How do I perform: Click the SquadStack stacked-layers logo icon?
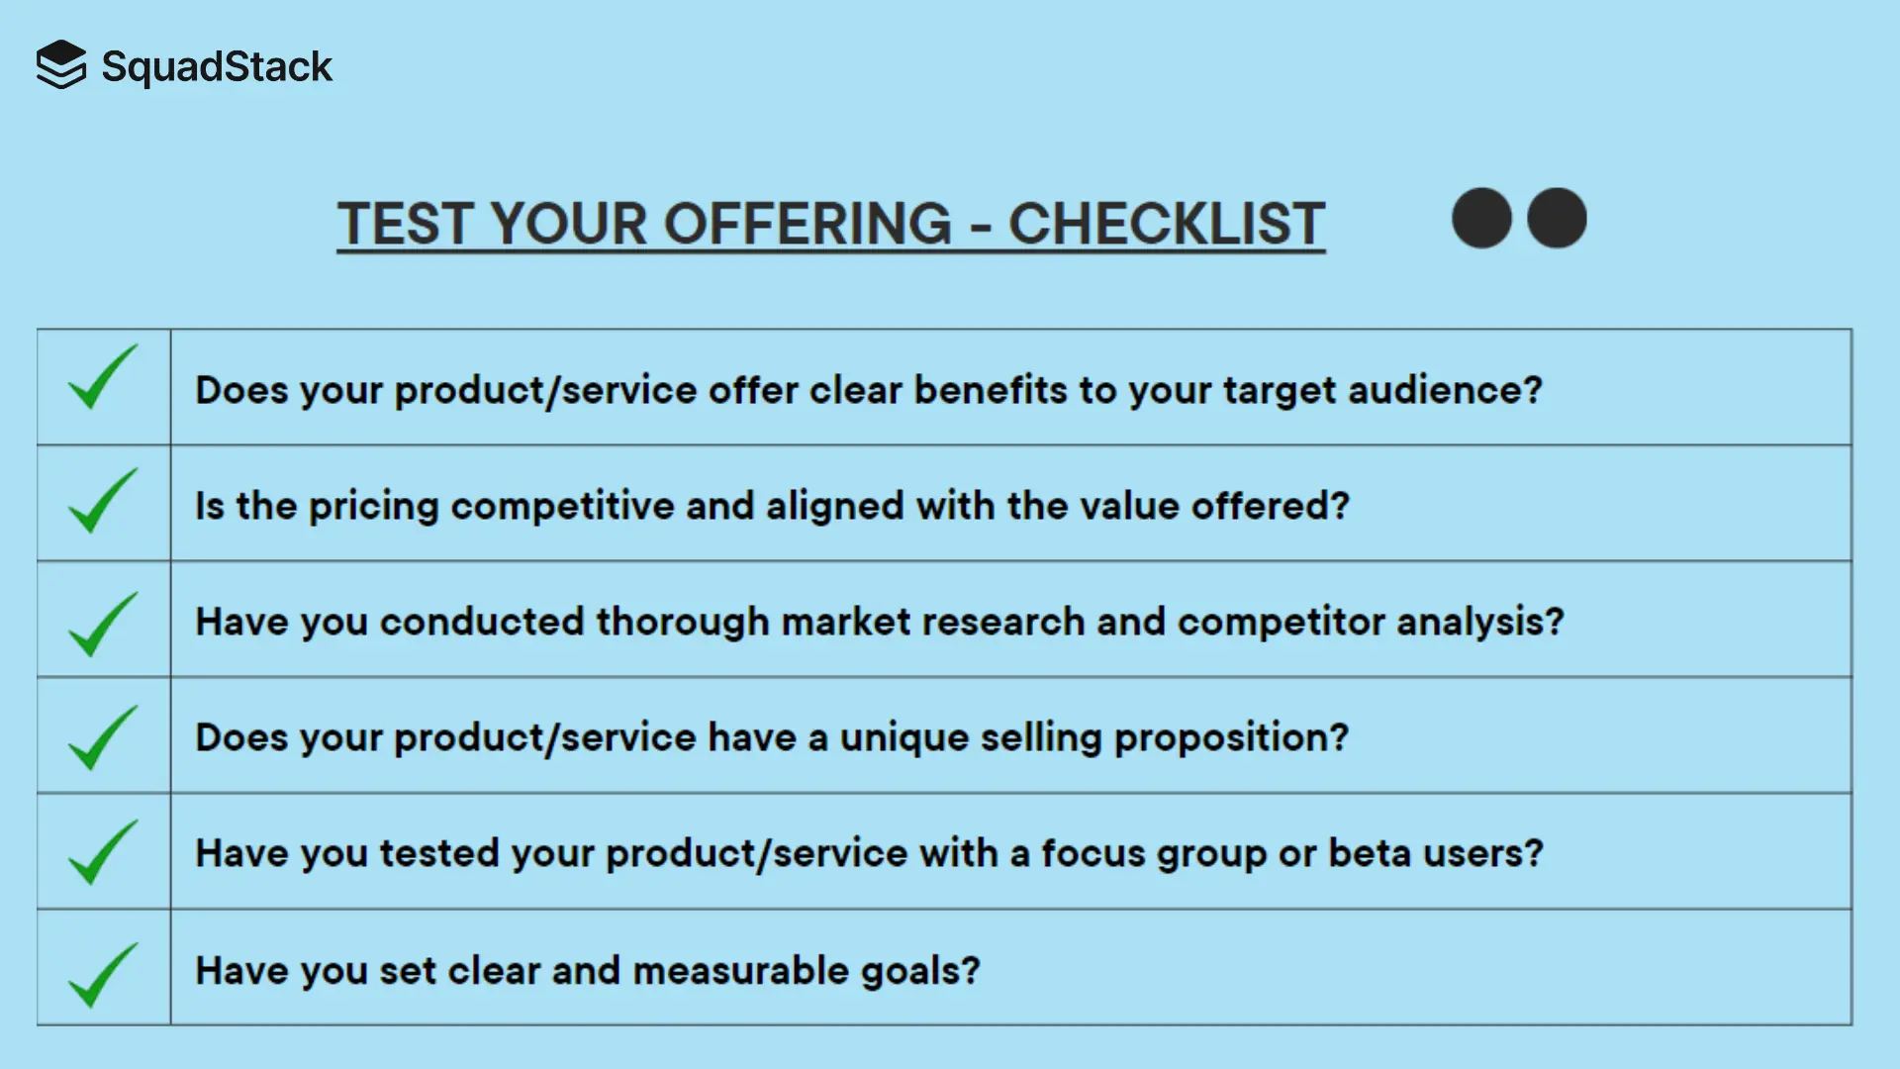pyautogui.click(x=61, y=65)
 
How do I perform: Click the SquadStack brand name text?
pyautogui.click(x=217, y=67)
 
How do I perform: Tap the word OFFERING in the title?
pyautogui.click(x=807, y=224)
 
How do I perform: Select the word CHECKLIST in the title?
pyautogui.click(x=1166, y=224)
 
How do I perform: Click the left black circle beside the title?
pyautogui.click(x=1481, y=218)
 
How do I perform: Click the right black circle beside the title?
pyautogui.click(x=1557, y=218)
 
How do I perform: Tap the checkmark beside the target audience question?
pyautogui.click(x=103, y=379)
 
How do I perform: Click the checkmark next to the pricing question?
pyautogui.click(x=103, y=502)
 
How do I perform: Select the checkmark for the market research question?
pyautogui.click(x=103, y=626)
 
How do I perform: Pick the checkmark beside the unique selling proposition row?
pyautogui.click(x=103, y=739)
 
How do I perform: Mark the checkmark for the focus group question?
pyautogui.click(x=103, y=853)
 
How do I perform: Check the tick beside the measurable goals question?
pyautogui.click(x=103, y=977)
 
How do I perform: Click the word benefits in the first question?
pyautogui.click(x=990, y=390)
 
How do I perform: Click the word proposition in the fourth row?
pyautogui.click(x=1230, y=738)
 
